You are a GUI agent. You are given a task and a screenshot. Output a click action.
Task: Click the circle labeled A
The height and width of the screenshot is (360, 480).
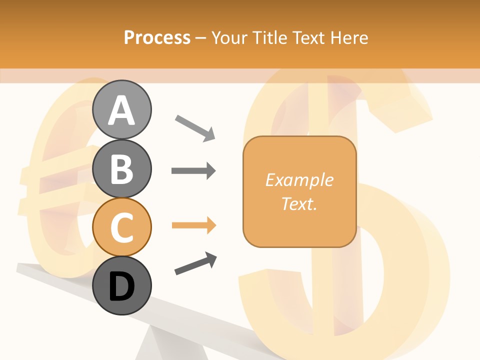click(x=121, y=109)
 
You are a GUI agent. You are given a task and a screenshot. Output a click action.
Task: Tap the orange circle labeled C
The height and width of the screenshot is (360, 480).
click(x=121, y=227)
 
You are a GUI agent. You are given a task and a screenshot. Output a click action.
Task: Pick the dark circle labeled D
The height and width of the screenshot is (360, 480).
click(x=121, y=285)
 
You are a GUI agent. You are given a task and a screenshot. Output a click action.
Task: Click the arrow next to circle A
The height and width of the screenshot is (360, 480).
click(x=195, y=127)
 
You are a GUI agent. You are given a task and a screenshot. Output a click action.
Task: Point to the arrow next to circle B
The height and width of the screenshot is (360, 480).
click(x=193, y=171)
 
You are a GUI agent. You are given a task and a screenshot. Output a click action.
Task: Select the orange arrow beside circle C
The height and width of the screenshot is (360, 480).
click(x=193, y=225)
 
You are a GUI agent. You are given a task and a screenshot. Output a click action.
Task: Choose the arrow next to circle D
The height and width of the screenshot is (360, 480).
click(x=195, y=263)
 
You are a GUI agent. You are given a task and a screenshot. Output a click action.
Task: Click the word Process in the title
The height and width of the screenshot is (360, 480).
click(x=157, y=37)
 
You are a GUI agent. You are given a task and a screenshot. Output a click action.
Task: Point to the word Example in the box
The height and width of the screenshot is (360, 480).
click(x=299, y=180)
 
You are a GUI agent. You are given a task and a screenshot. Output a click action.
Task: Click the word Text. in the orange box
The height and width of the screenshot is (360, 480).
click(x=299, y=203)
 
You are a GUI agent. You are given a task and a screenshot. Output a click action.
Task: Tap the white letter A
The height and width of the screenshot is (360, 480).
click(x=121, y=110)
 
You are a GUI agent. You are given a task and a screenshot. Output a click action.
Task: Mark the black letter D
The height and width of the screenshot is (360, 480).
click(x=121, y=287)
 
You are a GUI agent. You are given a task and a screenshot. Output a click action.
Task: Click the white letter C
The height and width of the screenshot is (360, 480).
click(x=121, y=227)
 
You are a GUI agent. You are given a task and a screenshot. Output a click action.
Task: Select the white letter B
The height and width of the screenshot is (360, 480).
click(x=121, y=169)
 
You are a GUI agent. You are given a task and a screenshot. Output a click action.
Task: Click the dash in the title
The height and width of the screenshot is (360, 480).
click(x=201, y=38)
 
